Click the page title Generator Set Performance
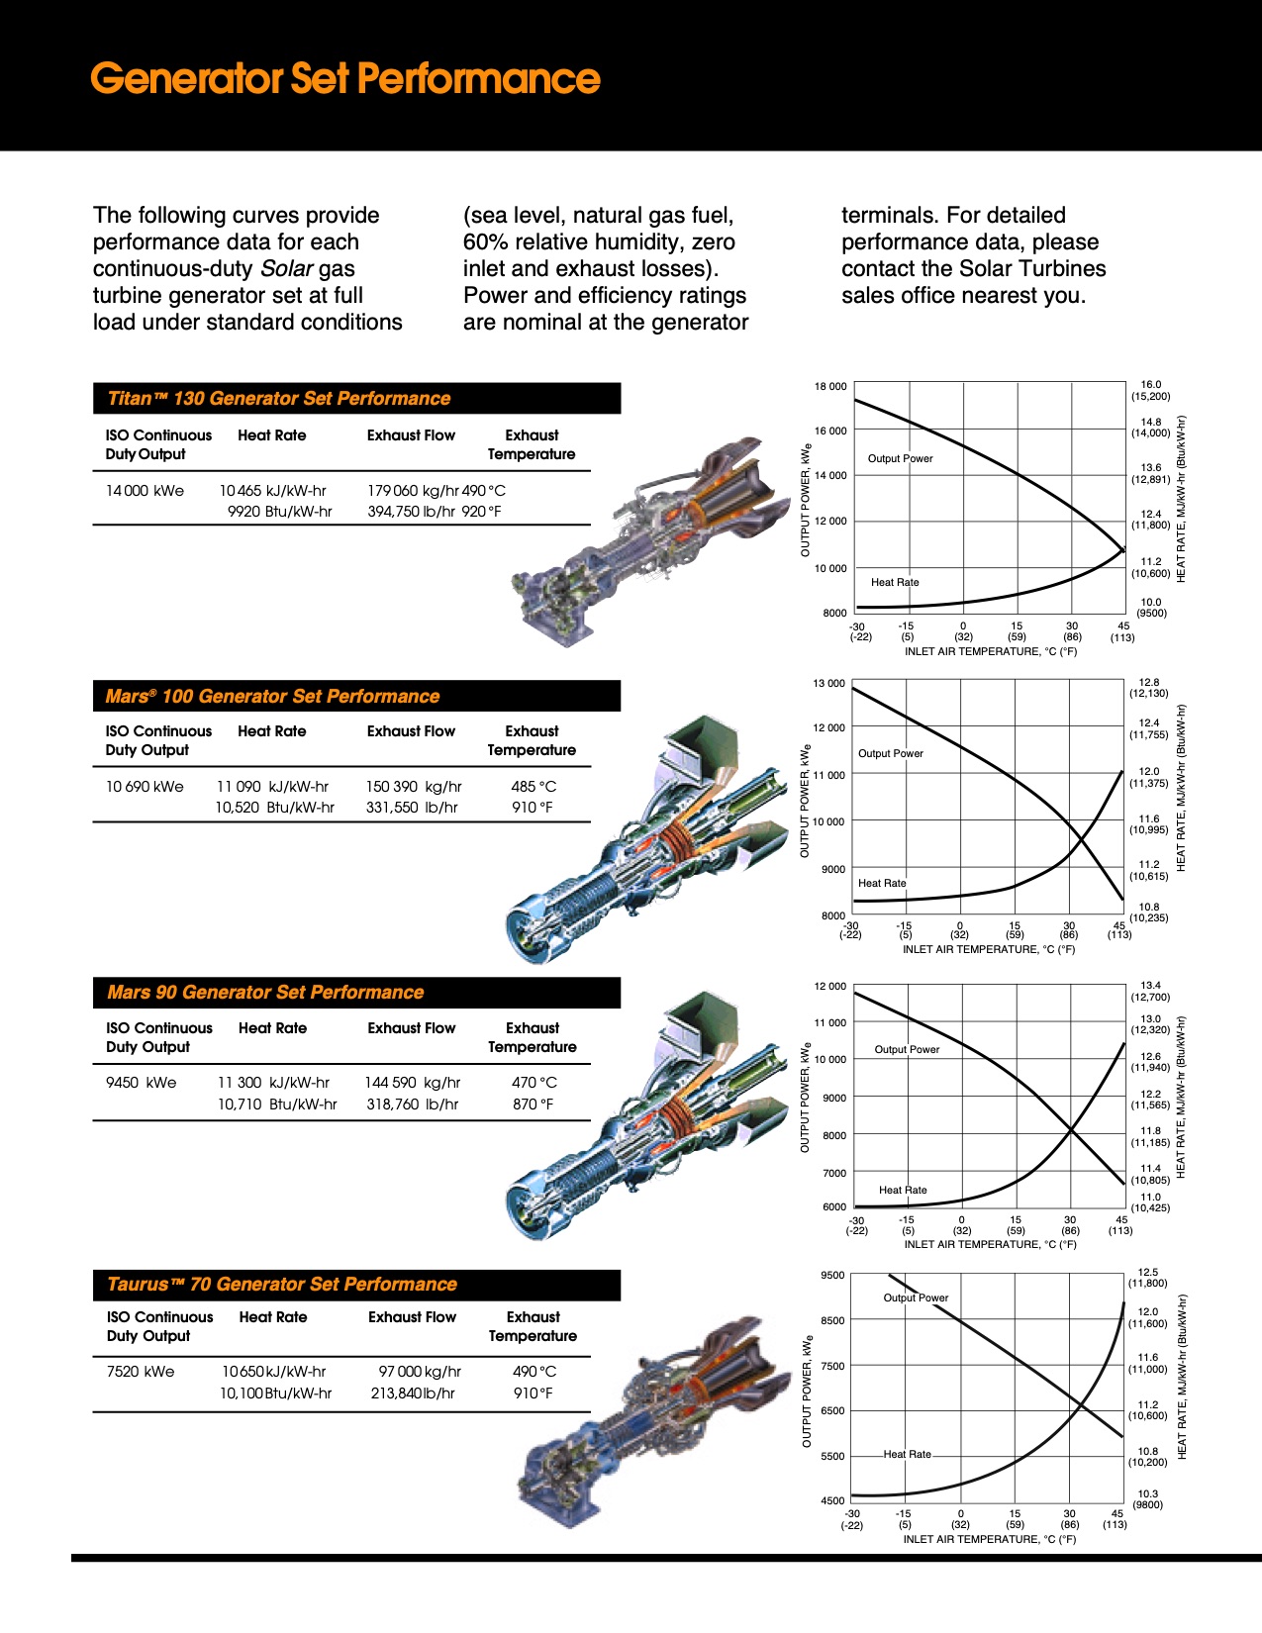(x=344, y=78)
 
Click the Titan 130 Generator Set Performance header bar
(x=356, y=398)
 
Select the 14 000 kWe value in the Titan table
(x=145, y=491)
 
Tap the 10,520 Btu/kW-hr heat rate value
(x=274, y=808)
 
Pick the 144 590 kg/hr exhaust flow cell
(x=412, y=1083)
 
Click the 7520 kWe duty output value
(x=141, y=1372)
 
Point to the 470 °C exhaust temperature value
(x=534, y=1083)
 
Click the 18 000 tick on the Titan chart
(x=830, y=387)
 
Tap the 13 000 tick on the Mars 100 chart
(x=829, y=684)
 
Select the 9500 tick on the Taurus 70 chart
(x=832, y=1276)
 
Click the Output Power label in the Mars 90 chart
(x=907, y=1049)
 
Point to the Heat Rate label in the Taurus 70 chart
(x=907, y=1454)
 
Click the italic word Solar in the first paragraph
(x=287, y=269)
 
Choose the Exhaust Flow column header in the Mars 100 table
(x=411, y=731)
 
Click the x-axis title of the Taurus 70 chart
(x=989, y=1539)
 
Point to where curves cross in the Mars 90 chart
(x=1070, y=1129)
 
